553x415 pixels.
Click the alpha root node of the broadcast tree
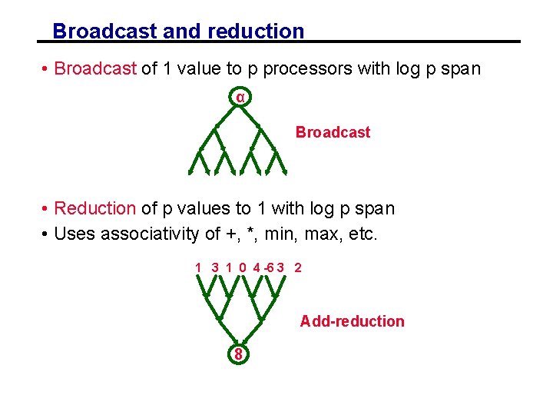pyautogui.click(x=240, y=98)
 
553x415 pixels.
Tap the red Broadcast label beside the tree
pyautogui.click(x=333, y=132)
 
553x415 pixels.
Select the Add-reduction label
pyautogui.click(x=352, y=321)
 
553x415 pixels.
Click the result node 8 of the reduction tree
pyautogui.click(x=239, y=354)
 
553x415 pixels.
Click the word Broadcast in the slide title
pyautogui.click(x=105, y=32)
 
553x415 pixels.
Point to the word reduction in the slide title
pyautogui.click(x=255, y=32)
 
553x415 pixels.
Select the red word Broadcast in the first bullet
pyautogui.click(x=95, y=68)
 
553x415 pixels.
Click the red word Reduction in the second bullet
pyautogui.click(x=95, y=208)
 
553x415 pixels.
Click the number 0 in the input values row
pyautogui.click(x=243, y=267)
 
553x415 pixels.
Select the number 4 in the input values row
pyautogui.click(x=257, y=267)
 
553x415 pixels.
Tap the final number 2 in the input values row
pyautogui.click(x=298, y=267)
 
